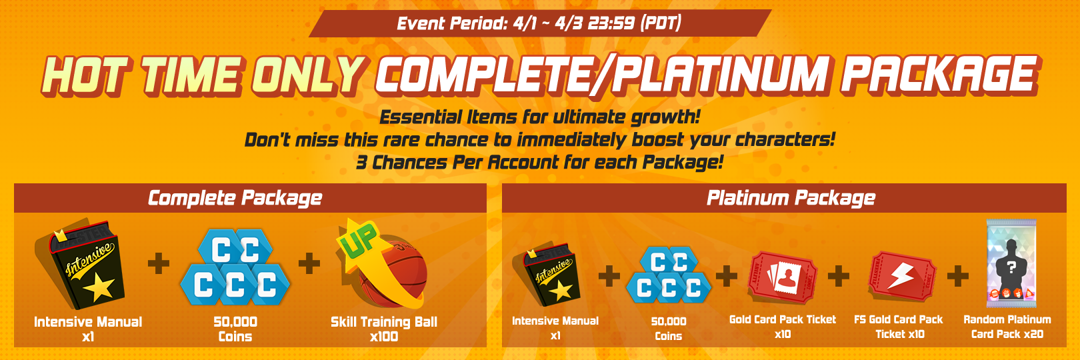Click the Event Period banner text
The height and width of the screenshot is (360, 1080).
(539, 23)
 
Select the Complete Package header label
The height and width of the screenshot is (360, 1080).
(235, 198)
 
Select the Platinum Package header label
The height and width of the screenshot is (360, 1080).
(791, 198)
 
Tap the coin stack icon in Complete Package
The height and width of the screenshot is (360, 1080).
(235, 267)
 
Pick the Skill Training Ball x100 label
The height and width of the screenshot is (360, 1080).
(384, 329)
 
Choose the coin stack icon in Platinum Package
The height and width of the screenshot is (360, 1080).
(669, 275)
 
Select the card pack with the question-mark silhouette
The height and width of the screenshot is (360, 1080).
(1011, 263)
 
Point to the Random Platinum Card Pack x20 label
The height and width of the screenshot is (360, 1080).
(1007, 327)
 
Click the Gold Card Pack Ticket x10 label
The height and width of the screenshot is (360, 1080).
(783, 327)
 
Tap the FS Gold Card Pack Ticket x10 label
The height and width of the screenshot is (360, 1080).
(899, 327)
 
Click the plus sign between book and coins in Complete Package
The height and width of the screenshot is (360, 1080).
(159, 263)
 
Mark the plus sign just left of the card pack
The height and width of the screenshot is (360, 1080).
(957, 276)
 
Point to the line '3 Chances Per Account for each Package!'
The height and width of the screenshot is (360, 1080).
(539, 163)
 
